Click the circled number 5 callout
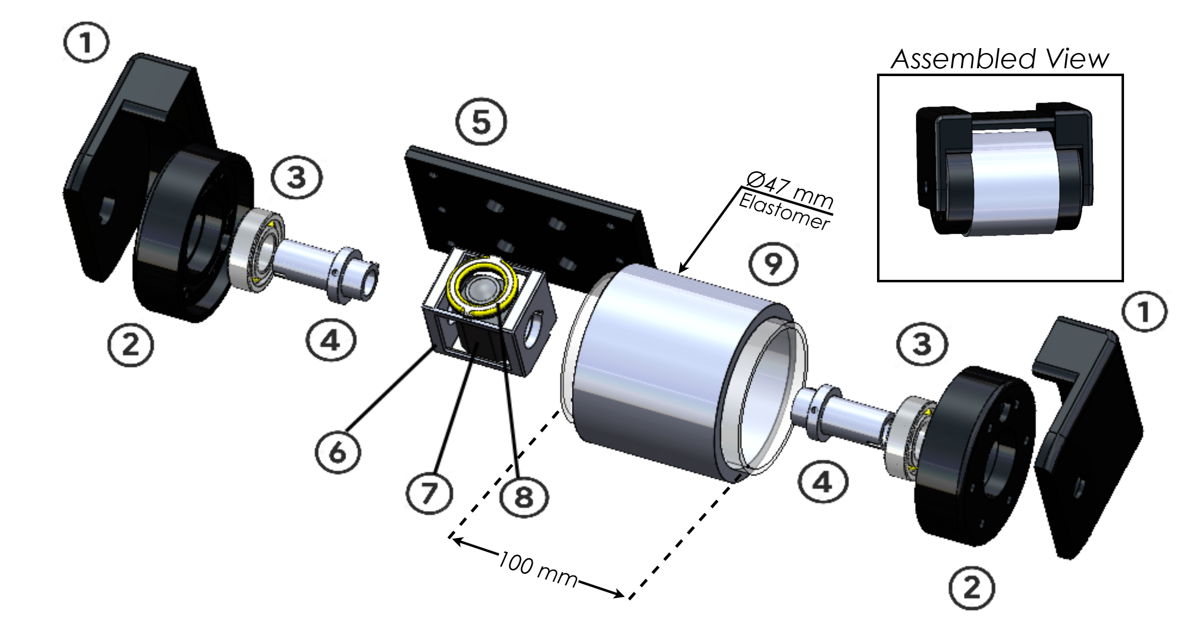pyautogui.click(x=481, y=122)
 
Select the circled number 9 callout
pyautogui.click(x=773, y=265)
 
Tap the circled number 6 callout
pyautogui.click(x=338, y=453)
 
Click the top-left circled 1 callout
pyautogui.click(x=86, y=44)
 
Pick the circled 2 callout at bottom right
pyautogui.click(x=972, y=588)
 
